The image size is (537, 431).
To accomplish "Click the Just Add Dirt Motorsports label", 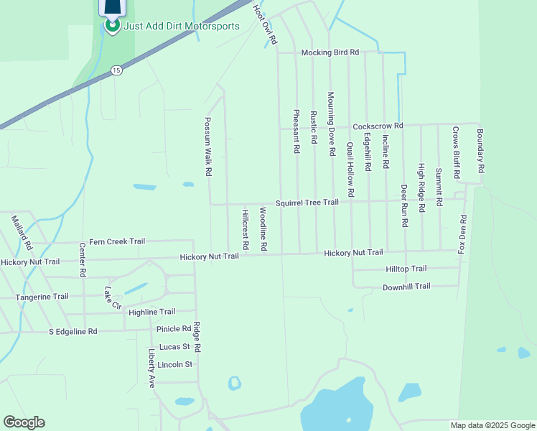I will [x=182, y=26].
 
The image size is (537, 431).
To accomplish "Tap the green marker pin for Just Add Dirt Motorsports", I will [x=113, y=25].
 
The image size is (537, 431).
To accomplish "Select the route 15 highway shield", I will [x=116, y=70].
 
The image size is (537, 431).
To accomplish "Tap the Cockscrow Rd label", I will [x=378, y=125].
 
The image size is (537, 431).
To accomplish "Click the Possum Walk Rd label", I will [x=207, y=147].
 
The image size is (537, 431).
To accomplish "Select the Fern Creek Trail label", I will [x=117, y=241].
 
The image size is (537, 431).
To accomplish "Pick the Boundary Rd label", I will [x=480, y=150].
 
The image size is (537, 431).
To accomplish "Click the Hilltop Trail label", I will [x=406, y=269].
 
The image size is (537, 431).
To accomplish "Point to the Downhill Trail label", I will [x=406, y=286].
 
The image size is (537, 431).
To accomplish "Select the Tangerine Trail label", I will [x=43, y=296].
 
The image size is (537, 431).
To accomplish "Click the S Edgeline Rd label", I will [x=73, y=332].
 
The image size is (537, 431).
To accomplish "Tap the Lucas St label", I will [x=174, y=346].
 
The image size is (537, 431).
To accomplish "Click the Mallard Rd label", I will [x=22, y=231].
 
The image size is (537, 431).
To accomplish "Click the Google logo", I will [x=24, y=422].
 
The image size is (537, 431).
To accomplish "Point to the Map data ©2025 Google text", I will [x=492, y=425].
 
